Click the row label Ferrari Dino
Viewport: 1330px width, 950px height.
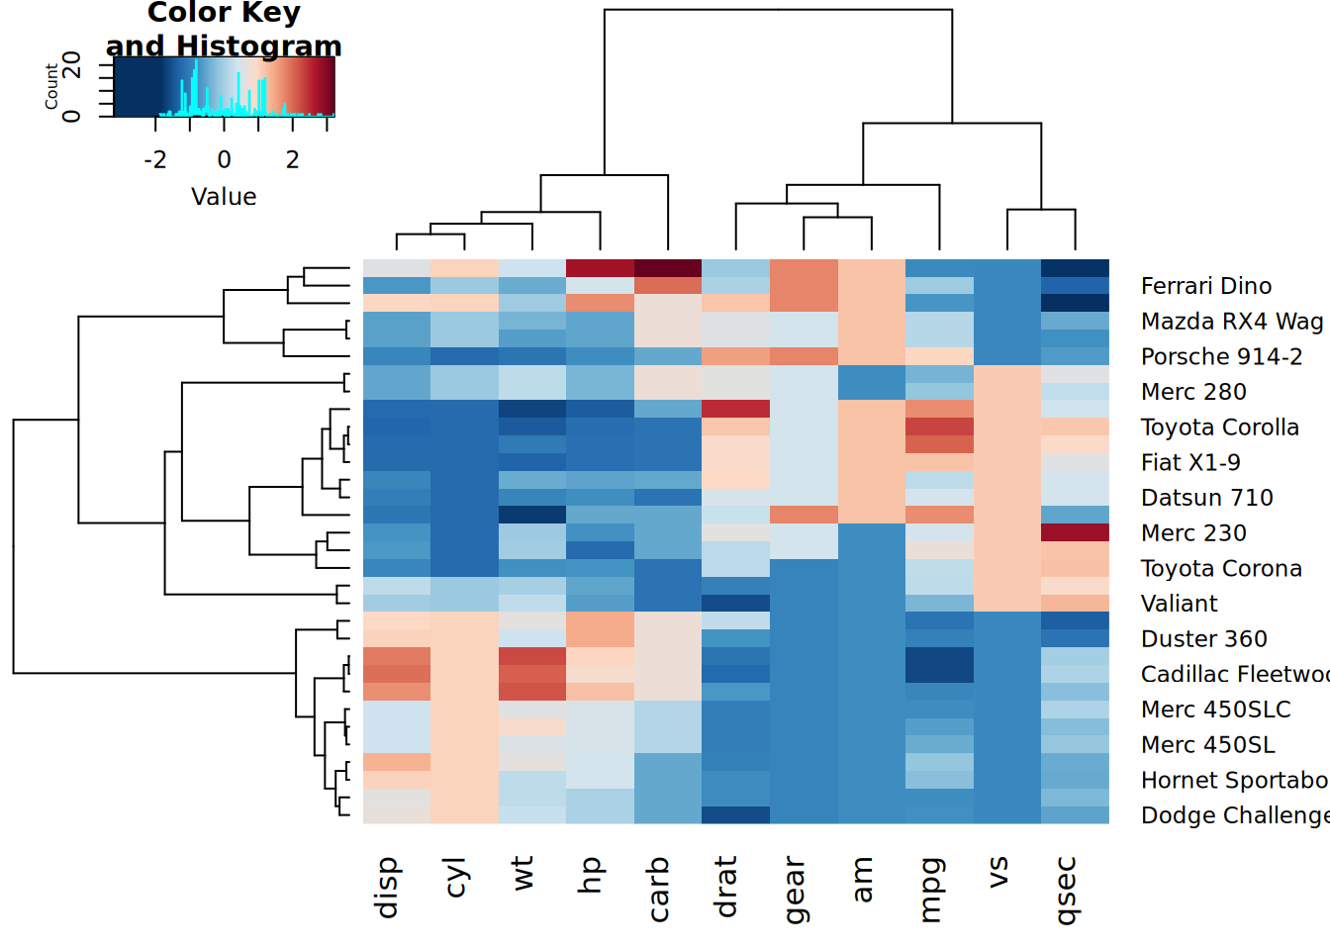coord(1205,286)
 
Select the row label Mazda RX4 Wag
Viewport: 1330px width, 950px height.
coord(1231,322)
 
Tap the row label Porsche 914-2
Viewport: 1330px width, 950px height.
coord(1221,356)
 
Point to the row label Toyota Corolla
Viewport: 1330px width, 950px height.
coord(1219,427)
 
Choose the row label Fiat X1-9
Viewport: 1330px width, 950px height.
coord(1190,462)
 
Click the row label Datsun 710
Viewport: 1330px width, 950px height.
coord(1206,498)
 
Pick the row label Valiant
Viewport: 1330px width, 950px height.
coord(1179,604)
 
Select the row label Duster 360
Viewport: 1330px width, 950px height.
coord(1203,639)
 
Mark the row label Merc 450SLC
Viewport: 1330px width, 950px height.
coord(1215,710)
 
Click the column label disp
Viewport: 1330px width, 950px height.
coord(387,888)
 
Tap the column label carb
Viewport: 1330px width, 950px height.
coord(658,890)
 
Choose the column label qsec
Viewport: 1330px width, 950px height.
coord(1065,891)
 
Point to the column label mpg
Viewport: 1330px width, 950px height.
coord(929,890)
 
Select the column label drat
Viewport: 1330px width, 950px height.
coord(725,888)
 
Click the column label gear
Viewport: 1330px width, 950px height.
coord(794,890)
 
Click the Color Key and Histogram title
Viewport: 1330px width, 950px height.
coord(224,29)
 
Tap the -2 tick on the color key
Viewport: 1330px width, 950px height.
coord(155,159)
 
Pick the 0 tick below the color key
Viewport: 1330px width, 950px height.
coord(225,159)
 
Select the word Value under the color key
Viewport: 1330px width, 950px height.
coord(224,197)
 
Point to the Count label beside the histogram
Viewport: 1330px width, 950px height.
coord(51,87)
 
